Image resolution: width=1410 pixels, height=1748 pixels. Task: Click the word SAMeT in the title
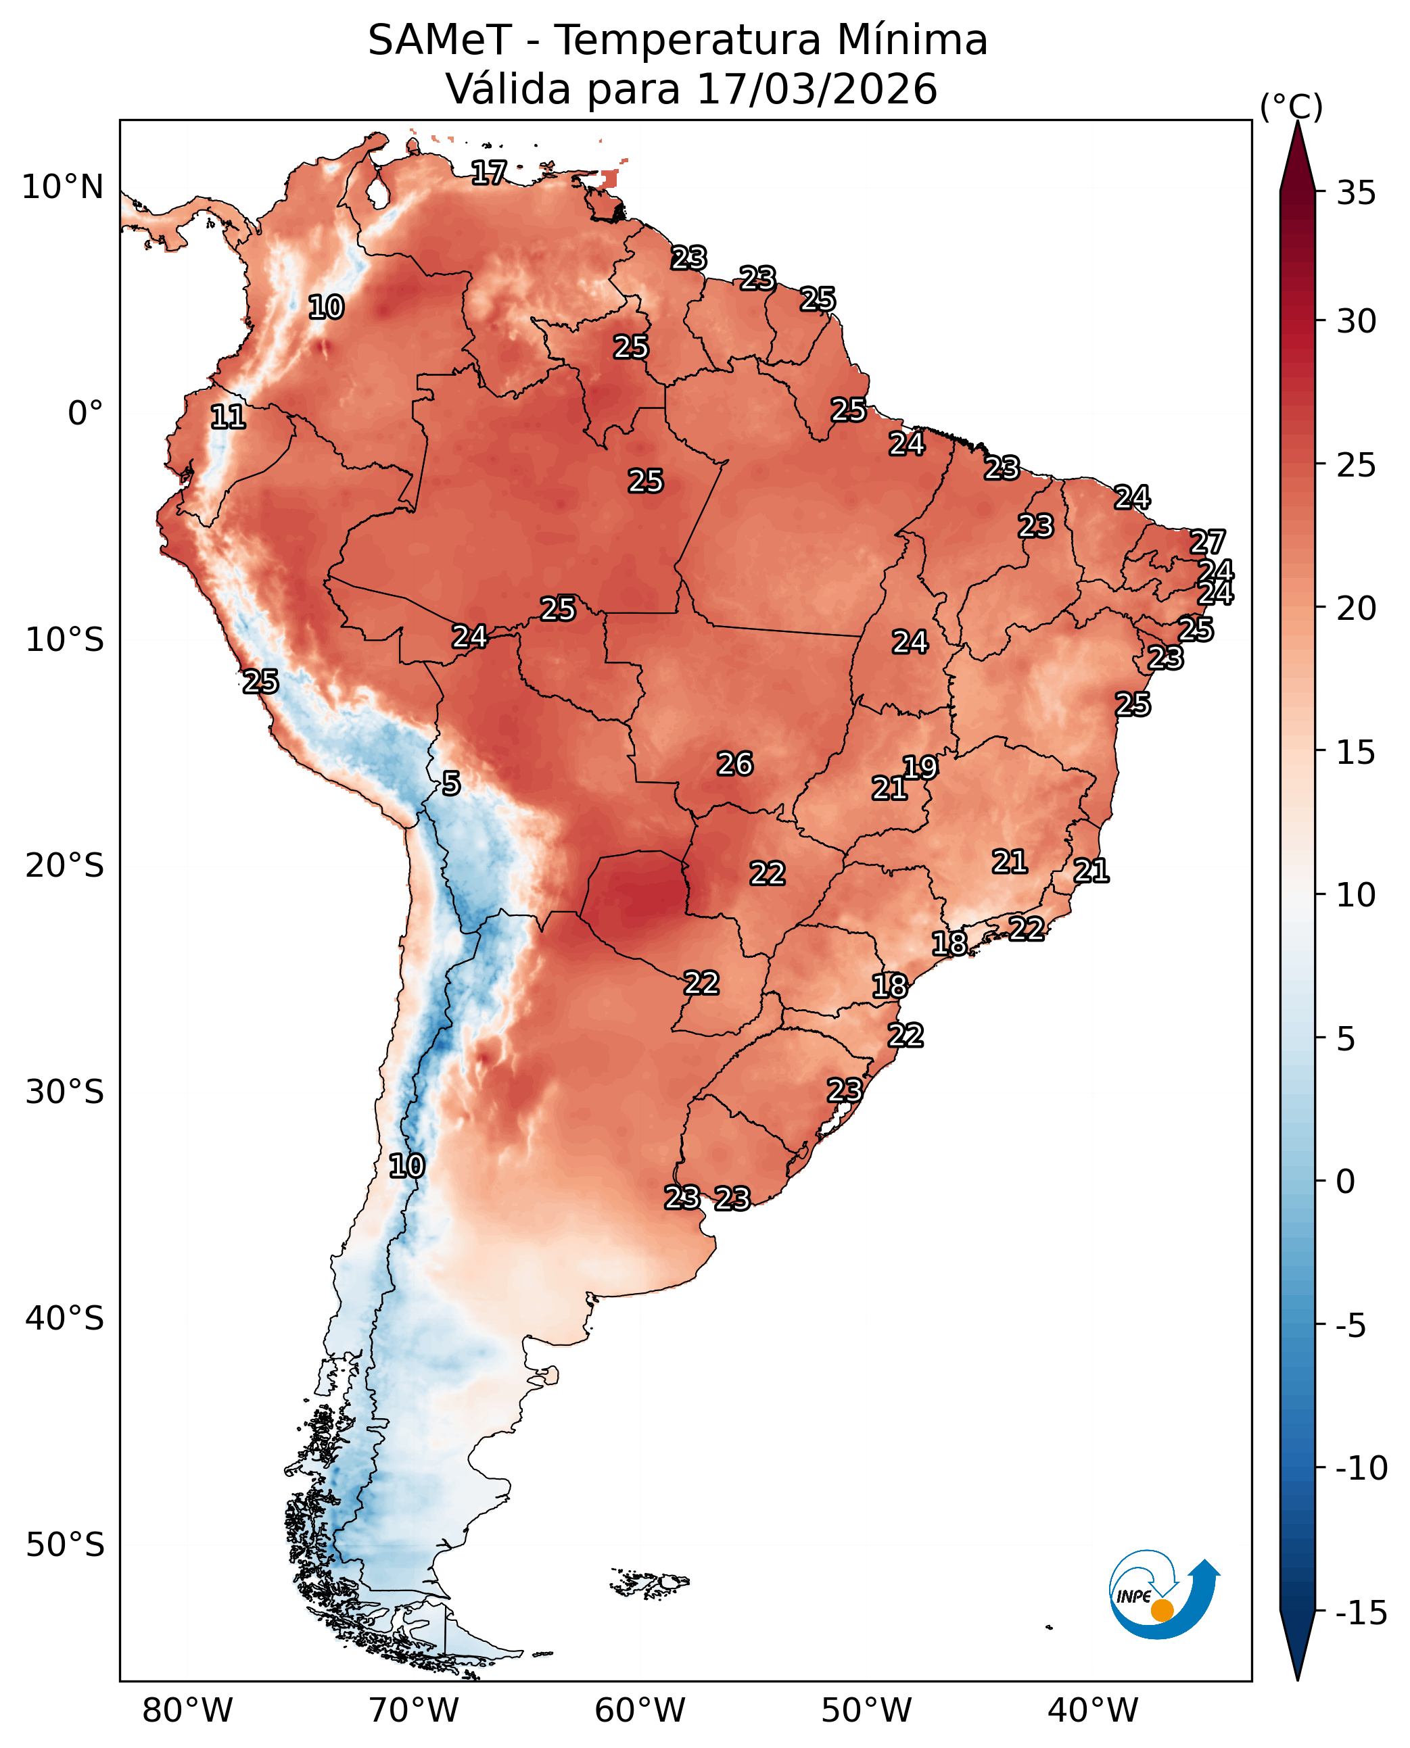pos(440,41)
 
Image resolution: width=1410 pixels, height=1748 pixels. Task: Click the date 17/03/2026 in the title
pos(817,89)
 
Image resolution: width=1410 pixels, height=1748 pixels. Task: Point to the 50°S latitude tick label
pos(65,1545)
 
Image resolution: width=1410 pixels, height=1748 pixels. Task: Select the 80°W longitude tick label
pos(187,1711)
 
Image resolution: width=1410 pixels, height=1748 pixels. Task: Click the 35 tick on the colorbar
pos(1357,193)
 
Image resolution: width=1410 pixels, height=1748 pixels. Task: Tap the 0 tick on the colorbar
pos(1346,1182)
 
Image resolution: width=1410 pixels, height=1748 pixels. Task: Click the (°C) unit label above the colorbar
pos(1292,106)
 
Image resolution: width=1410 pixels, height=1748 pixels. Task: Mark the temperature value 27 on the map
pos(1208,541)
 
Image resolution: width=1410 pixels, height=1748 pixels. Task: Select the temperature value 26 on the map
pos(735,764)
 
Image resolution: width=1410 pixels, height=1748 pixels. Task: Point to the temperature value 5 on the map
pos(452,783)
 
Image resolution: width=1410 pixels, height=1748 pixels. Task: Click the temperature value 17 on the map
pos(489,172)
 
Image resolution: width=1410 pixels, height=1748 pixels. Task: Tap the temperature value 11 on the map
pos(228,417)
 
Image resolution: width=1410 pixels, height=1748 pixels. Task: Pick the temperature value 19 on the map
pos(920,767)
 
